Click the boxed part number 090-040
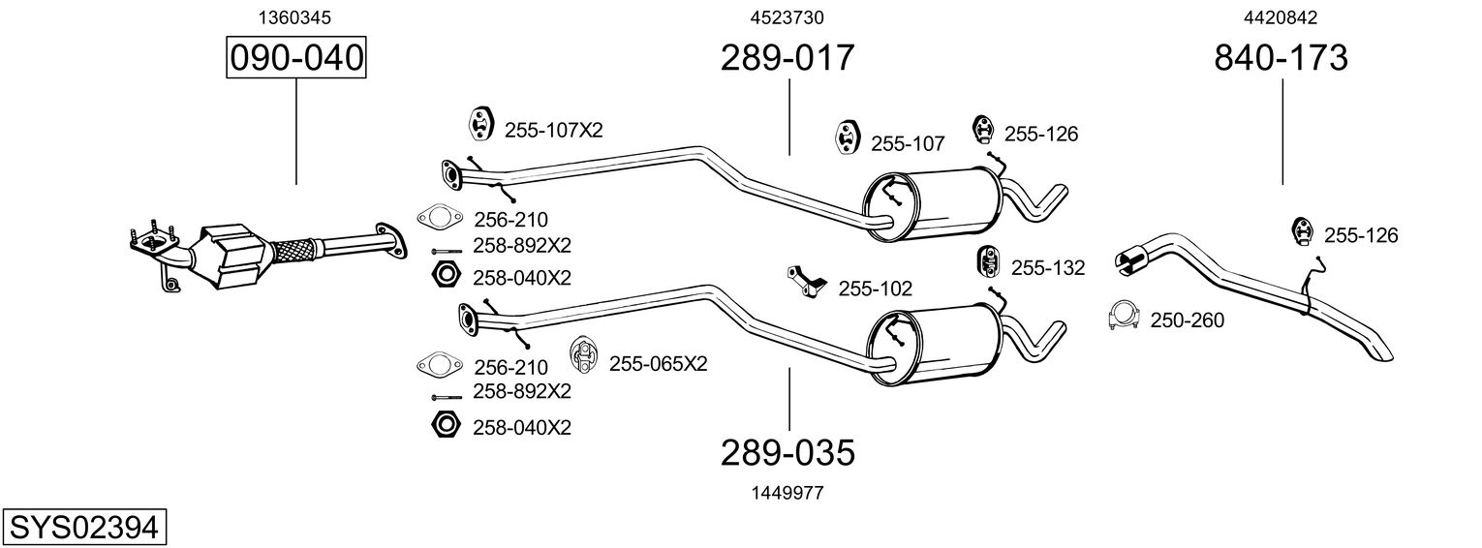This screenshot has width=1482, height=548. (296, 57)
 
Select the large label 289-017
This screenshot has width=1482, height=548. (787, 57)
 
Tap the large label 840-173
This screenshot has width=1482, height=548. (1281, 57)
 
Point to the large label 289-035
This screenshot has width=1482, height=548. (787, 453)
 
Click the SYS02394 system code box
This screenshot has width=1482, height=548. (84, 528)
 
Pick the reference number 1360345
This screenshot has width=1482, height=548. (294, 17)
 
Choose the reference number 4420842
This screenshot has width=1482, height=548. (1281, 17)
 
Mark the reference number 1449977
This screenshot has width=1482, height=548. (787, 493)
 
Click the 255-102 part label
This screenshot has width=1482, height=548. (876, 289)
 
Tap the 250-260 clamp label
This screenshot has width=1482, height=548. (1188, 320)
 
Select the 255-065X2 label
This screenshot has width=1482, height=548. (659, 364)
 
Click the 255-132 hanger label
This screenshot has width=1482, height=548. (1048, 268)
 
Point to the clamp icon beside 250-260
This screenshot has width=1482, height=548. (1124, 317)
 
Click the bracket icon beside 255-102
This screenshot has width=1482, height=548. (807, 281)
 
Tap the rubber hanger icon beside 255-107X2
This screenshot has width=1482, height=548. (479, 122)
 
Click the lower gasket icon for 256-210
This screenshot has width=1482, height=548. (440, 364)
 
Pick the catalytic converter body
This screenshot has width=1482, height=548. (231, 256)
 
